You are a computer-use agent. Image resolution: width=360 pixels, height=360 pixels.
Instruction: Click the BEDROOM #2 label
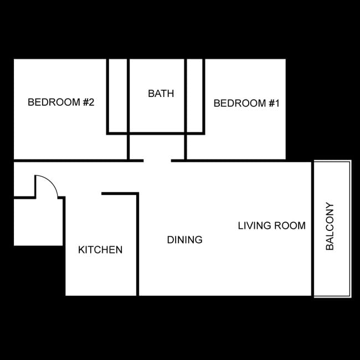[61, 102]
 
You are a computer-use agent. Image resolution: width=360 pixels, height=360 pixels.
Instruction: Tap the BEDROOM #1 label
[246, 103]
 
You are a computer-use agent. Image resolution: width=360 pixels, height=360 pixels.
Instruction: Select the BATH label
[161, 94]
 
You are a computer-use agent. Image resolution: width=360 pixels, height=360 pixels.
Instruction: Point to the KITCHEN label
[100, 250]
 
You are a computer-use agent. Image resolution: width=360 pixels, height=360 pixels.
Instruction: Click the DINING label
[184, 240]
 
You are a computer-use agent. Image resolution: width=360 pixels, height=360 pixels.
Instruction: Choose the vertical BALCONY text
[330, 227]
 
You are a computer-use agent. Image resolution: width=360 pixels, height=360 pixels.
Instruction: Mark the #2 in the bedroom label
[89, 102]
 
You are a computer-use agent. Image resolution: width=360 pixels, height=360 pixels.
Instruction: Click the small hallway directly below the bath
[157, 147]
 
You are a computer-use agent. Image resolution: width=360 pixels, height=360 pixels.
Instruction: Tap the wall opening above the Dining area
[157, 161]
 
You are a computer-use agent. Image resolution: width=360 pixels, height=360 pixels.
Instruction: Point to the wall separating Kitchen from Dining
[137, 244]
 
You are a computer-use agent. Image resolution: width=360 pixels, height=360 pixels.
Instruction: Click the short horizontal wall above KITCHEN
[119, 193]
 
